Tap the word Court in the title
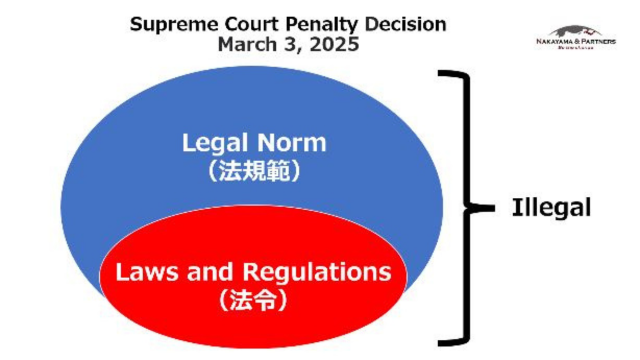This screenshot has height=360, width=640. tap(242, 23)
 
